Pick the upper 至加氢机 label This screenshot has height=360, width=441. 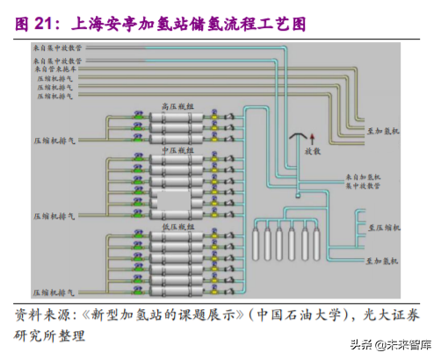coord(383,129)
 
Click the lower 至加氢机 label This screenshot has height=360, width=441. coord(383,261)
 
